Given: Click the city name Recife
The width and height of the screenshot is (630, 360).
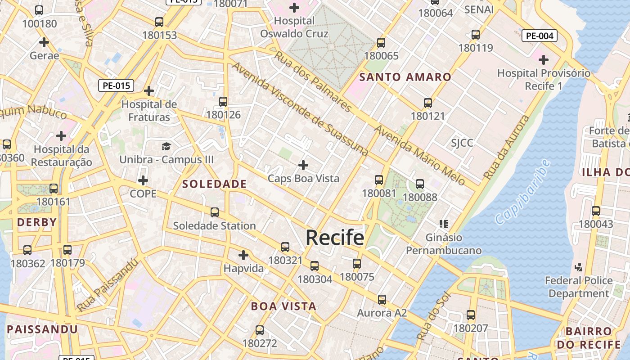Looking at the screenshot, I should point(335,237).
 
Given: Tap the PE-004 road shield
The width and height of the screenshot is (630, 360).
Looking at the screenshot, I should point(539,36).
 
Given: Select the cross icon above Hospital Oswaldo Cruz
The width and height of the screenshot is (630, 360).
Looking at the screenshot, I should point(294,8).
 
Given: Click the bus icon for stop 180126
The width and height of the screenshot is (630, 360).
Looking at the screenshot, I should point(223,102).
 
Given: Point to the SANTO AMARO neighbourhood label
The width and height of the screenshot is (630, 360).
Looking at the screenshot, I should point(405,77).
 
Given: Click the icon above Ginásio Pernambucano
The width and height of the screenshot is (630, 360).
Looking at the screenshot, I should point(444,224).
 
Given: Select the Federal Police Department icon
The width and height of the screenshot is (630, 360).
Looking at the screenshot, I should point(579,267).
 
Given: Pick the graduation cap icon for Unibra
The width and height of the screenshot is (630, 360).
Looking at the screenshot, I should point(166,146).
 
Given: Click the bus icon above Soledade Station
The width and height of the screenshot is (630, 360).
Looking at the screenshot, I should point(215,212).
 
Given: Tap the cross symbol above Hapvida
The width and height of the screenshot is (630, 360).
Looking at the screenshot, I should point(243,256).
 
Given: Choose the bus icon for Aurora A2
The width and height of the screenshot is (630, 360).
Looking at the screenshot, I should point(382,300).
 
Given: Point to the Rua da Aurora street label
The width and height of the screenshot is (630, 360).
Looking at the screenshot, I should point(506,147).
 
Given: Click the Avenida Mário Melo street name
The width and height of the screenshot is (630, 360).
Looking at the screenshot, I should point(420,156).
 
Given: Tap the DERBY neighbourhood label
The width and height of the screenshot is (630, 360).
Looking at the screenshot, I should point(37,222).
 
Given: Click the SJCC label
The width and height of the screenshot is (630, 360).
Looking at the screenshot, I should point(462,143).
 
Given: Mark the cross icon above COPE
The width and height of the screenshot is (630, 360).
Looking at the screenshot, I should point(143,181).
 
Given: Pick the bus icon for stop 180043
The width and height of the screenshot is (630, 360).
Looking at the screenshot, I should point(596,211).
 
